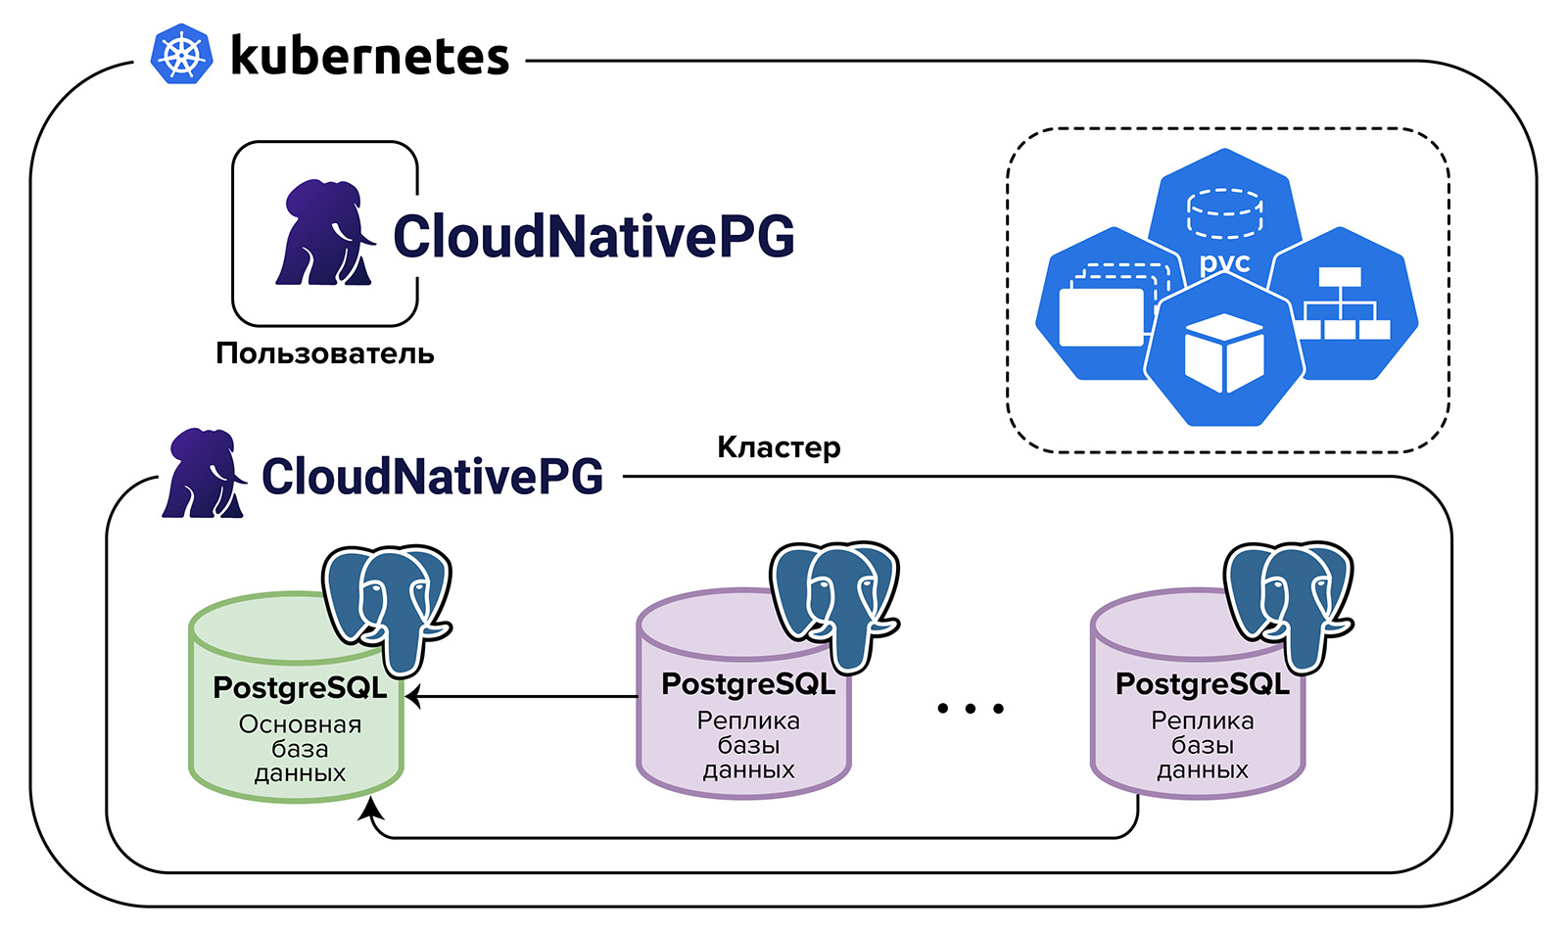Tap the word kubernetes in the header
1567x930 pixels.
(x=369, y=56)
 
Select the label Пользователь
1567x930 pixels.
(x=324, y=353)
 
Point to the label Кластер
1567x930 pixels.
(x=779, y=447)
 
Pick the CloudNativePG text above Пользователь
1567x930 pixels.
(x=594, y=236)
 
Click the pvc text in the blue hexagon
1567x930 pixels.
(x=1224, y=262)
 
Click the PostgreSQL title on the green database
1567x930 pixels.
(x=300, y=688)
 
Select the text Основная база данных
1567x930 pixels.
(x=300, y=749)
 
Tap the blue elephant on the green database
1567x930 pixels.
(x=388, y=607)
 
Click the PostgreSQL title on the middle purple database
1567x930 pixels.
(x=748, y=684)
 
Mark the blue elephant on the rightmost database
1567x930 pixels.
(x=1289, y=603)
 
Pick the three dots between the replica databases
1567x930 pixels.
(x=970, y=708)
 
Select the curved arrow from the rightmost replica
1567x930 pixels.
(x=754, y=838)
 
